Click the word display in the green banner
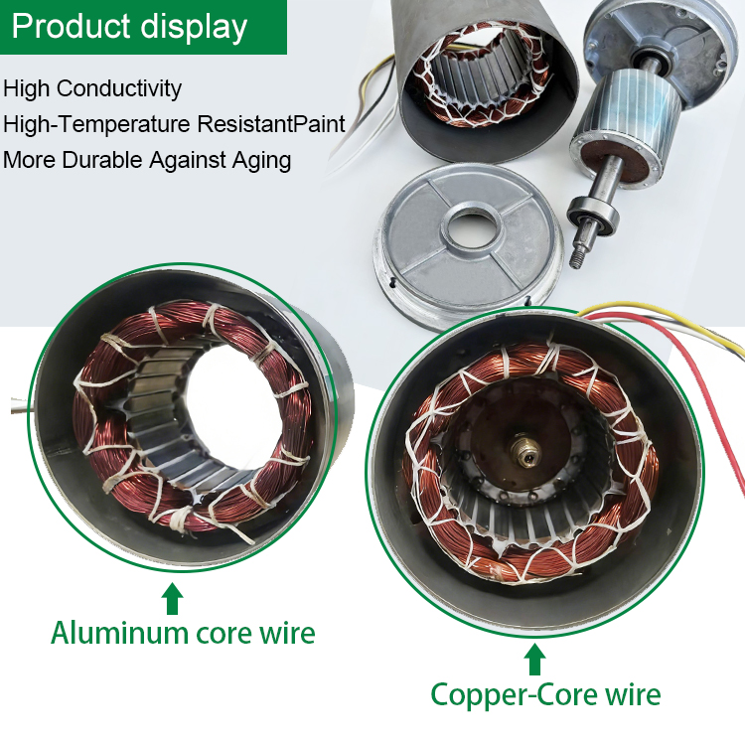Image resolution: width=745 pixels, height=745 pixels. (x=194, y=28)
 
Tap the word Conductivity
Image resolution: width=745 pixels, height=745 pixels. (x=119, y=88)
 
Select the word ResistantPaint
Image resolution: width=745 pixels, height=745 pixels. (x=271, y=123)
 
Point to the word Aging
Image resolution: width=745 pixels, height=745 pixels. (x=261, y=161)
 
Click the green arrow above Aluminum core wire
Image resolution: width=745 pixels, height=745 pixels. (x=172, y=599)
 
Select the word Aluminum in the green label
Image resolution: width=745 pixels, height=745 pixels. (x=120, y=633)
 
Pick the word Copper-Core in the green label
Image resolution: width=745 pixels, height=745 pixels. (x=515, y=694)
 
